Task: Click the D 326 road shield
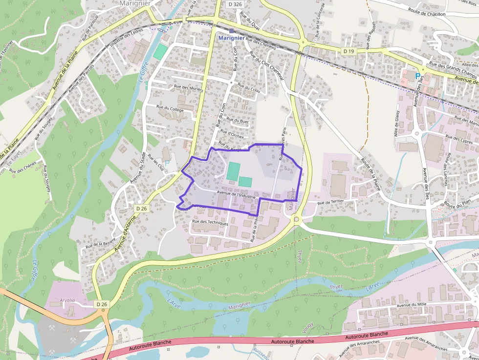point(235,4)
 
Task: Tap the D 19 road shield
point(348,51)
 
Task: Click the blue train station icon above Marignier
point(231,31)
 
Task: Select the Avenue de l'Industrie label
point(236,194)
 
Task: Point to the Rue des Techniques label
point(210,223)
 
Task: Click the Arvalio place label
point(68,300)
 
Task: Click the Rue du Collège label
point(170,108)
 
